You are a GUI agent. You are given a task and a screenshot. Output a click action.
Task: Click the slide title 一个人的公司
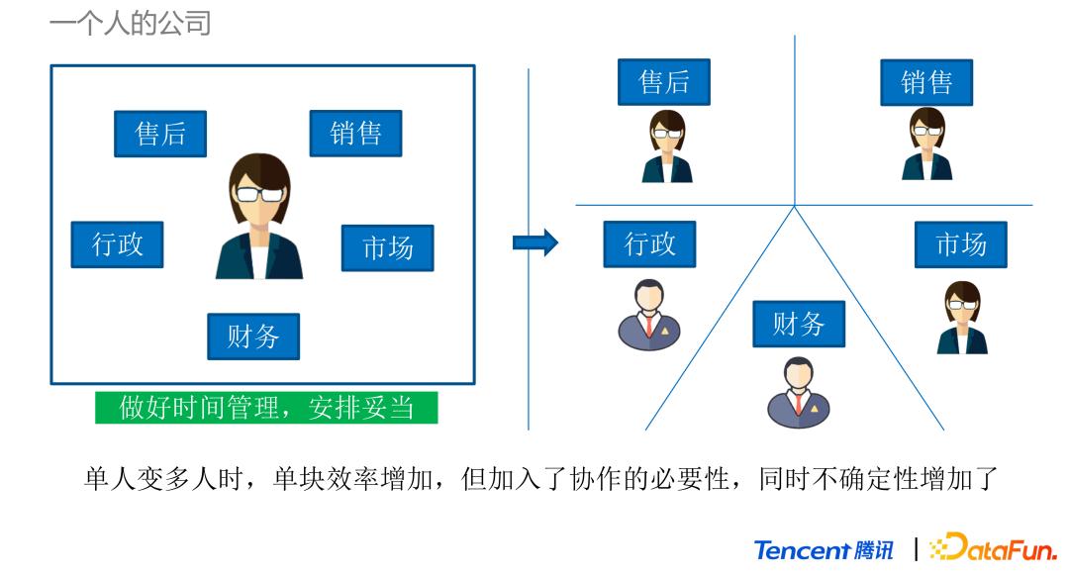click(130, 22)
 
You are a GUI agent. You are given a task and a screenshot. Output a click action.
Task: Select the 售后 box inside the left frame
click(160, 134)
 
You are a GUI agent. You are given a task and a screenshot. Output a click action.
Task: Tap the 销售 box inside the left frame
click(355, 134)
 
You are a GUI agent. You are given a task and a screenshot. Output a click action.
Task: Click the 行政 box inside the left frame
click(117, 244)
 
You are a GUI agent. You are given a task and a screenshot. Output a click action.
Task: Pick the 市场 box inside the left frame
click(387, 247)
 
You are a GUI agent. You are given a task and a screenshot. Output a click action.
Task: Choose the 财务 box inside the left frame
click(253, 337)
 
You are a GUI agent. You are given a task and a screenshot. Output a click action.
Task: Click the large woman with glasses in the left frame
click(259, 217)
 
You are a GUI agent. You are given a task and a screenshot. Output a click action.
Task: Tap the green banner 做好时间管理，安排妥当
click(266, 407)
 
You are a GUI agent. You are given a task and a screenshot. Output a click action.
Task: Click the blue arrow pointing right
click(535, 243)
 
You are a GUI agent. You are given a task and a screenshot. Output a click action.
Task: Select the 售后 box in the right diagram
click(664, 82)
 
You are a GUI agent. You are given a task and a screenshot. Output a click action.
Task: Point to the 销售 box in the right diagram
click(926, 82)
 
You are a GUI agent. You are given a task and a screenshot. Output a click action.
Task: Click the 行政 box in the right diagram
click(649, 243)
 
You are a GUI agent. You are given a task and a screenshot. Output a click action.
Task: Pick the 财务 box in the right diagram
click(799, 324)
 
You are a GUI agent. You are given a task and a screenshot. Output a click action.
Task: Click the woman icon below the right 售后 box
click(666, 145)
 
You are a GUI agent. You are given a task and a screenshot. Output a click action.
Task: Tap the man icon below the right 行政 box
click(649, 315)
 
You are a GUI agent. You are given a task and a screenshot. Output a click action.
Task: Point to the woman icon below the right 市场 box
click(961, 318)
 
